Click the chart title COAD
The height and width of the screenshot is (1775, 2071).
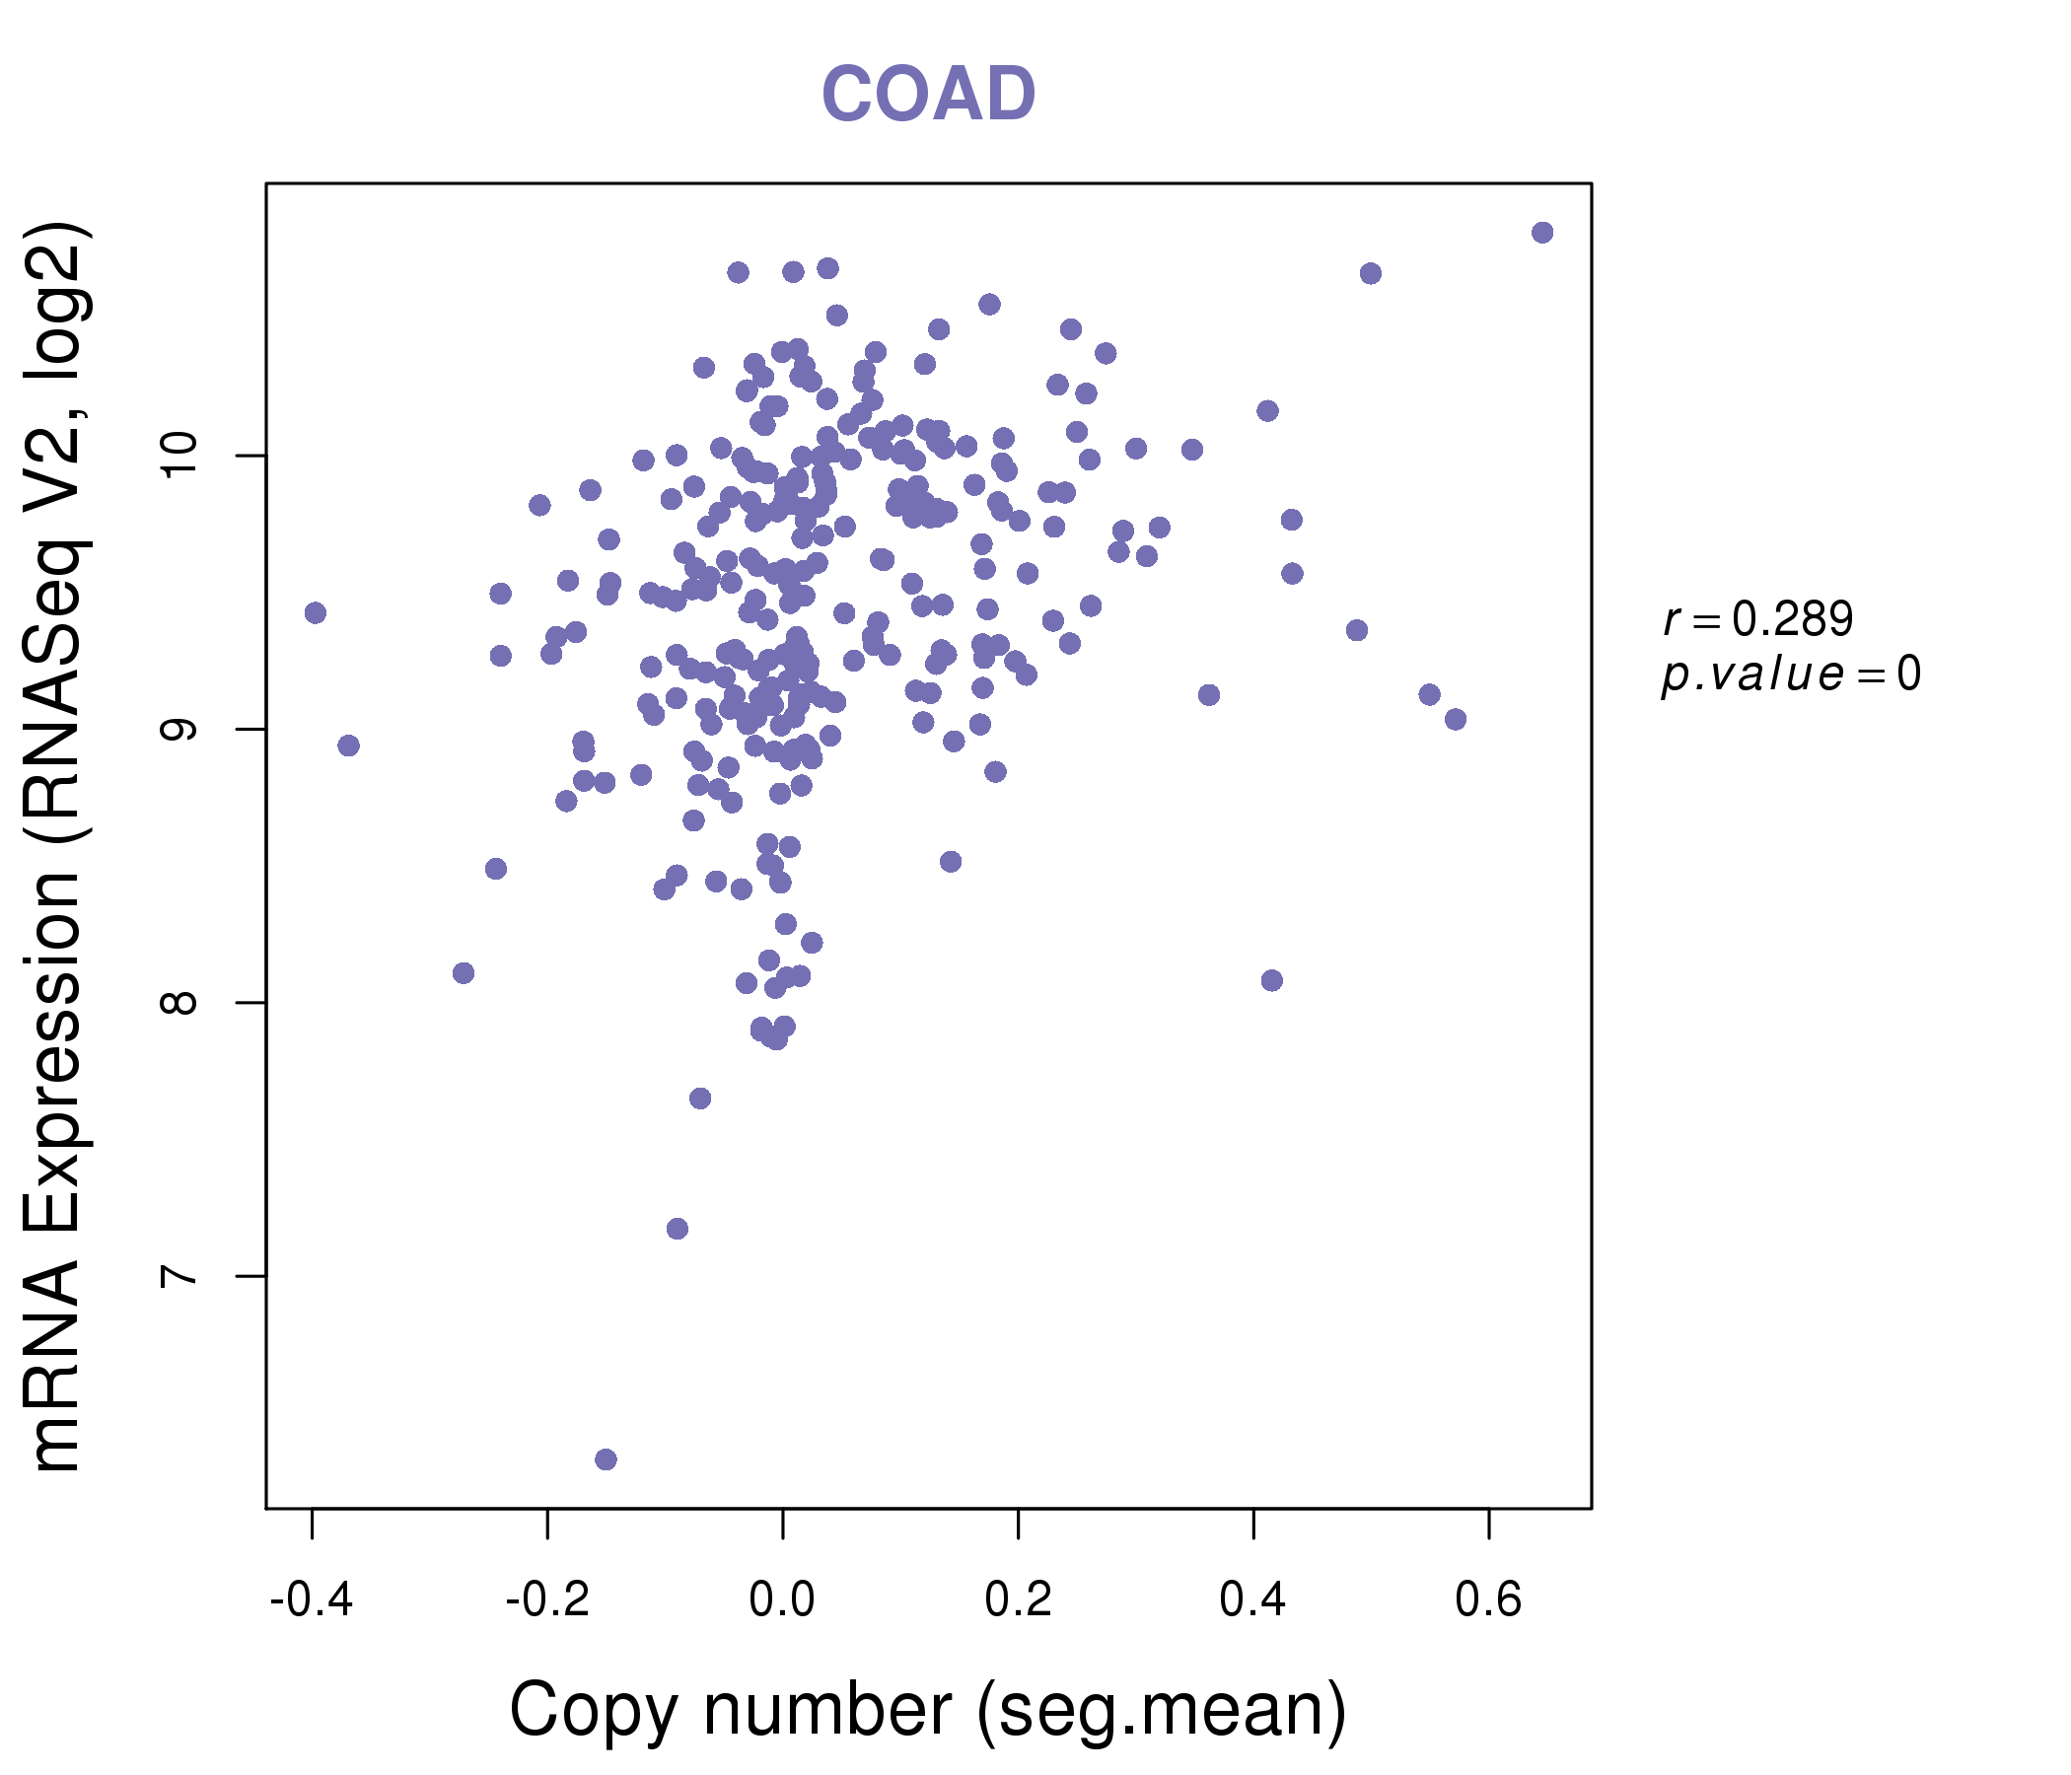928,95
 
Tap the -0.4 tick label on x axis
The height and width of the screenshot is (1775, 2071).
312,1600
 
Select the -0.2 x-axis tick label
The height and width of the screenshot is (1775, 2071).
546,1600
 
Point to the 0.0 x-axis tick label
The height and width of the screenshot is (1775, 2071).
783,1600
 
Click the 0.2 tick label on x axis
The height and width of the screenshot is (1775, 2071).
1018,1600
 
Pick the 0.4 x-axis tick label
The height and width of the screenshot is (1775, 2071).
1253,1600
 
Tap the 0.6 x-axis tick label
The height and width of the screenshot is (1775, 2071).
1488,1600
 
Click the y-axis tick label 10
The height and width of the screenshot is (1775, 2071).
180,457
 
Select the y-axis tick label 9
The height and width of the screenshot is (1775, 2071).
180,730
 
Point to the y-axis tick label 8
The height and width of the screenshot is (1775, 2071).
180,1003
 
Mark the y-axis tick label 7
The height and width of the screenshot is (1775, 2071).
180,1276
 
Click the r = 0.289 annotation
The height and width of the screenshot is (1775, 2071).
1758,619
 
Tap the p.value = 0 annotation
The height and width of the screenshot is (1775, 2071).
1790,674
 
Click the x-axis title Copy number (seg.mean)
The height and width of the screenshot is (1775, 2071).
928,1710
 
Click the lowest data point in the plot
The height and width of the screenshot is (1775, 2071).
606,1459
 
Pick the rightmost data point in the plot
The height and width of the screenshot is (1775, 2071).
1542,233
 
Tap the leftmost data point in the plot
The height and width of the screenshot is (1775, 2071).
316,612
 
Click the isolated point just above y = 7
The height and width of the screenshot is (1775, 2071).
678,1229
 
